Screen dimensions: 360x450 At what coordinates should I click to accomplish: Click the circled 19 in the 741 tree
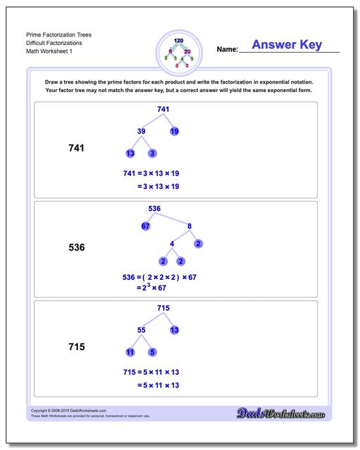coord(174,131)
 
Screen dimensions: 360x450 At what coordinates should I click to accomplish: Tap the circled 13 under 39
coord(130,153)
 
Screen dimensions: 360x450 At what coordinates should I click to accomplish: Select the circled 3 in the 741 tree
coord(153,153)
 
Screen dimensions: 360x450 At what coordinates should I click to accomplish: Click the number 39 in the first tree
coord(141,131)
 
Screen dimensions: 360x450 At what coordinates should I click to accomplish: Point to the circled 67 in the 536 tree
coord(146,226)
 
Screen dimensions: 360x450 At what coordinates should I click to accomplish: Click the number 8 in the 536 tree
coord(189,226)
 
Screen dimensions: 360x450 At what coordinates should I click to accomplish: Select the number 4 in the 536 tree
coord(172,244)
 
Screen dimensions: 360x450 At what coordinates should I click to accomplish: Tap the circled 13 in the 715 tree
coord(174,329)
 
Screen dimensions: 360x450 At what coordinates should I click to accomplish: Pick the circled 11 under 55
coord(130,352)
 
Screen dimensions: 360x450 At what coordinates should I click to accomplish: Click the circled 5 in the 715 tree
coord(153,352)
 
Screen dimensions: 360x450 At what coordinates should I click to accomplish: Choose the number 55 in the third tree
coord(141,329)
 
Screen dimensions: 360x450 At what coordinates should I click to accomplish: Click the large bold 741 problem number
coord(75,148)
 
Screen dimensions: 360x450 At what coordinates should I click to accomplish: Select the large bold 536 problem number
coord(75,247)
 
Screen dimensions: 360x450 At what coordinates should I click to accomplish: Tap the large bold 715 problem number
coord(75,347)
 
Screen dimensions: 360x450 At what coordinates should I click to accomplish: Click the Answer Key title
coord(287,45)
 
